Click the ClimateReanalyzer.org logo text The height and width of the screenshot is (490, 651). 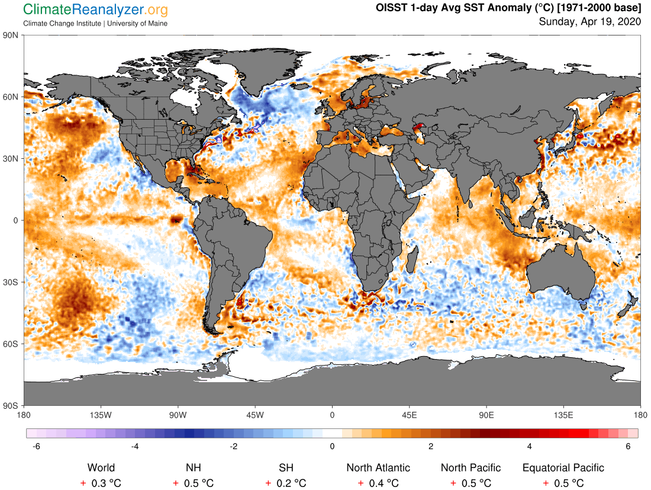95,9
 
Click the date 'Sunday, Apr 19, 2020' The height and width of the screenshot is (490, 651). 589,21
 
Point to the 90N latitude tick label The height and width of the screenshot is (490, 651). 11,35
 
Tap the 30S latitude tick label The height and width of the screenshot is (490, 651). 11,282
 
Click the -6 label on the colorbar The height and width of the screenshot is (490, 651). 36,446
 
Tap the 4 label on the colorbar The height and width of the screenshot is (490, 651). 530,446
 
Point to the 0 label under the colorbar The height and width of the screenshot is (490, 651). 332,446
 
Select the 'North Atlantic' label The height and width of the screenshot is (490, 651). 378,468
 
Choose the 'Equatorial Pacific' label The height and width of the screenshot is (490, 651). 563,468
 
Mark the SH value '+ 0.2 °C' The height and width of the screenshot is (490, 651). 286,483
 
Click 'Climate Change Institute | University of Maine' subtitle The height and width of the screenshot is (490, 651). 95,23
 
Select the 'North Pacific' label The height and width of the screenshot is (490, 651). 470,468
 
